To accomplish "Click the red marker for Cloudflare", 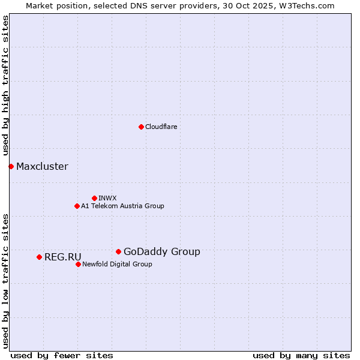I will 141,127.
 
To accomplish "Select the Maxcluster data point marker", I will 11,166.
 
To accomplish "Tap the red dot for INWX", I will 94,198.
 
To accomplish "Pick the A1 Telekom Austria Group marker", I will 77,206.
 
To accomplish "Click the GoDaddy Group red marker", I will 118,251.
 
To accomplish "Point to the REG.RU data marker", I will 39,257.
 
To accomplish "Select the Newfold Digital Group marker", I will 78,264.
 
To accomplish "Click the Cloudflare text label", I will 161,127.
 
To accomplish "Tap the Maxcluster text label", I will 42,166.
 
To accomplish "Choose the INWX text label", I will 107,198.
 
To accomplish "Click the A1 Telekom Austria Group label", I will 122,206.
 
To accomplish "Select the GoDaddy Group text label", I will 161,251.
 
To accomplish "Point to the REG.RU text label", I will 62,257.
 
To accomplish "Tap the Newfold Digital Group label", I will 117,264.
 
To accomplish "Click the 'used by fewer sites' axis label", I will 62,355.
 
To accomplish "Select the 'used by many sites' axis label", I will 301,355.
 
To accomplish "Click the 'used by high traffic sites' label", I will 6,86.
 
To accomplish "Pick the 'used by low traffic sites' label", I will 6,280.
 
